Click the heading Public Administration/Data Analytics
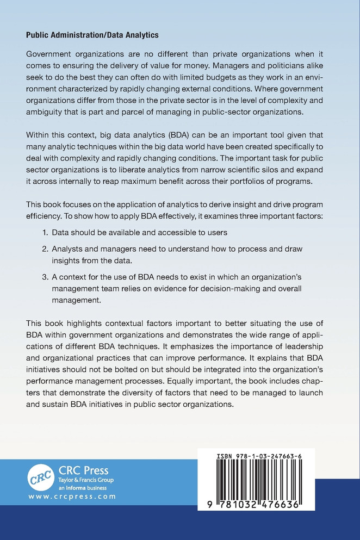click(x=92, y=35)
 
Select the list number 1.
click(x=46, y=232)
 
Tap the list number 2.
click(x=46, y=249)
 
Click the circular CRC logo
click(x=41, y=477)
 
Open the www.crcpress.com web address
click(x=72, y=496)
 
